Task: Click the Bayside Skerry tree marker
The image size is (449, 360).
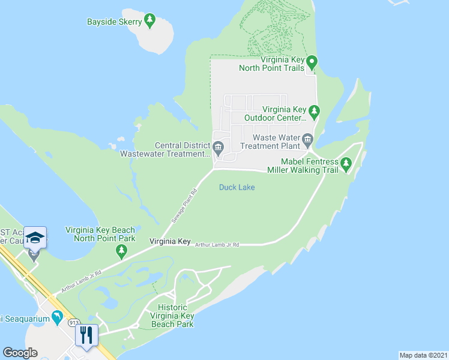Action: tap(149, 21)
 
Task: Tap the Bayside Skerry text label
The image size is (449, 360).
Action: tap(114, 22)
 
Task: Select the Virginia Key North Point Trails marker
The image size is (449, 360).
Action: tap(312, 61)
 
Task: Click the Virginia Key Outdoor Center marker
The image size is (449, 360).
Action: tap(313, 111)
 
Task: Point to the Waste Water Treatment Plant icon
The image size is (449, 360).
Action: tap(308, 140)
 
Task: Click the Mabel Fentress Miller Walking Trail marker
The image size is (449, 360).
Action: tap(345, 163)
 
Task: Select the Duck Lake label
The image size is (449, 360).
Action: tap(237, 188)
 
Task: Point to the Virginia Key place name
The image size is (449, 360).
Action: tap(170, 241)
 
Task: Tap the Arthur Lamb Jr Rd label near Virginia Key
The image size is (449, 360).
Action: tap(217, 244)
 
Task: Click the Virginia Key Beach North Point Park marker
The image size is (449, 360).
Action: tap(122, 251)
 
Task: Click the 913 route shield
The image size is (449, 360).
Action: tap(74, 322)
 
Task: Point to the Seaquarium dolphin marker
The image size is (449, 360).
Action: tap(57, 316)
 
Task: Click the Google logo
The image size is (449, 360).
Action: tap(20, 353)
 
